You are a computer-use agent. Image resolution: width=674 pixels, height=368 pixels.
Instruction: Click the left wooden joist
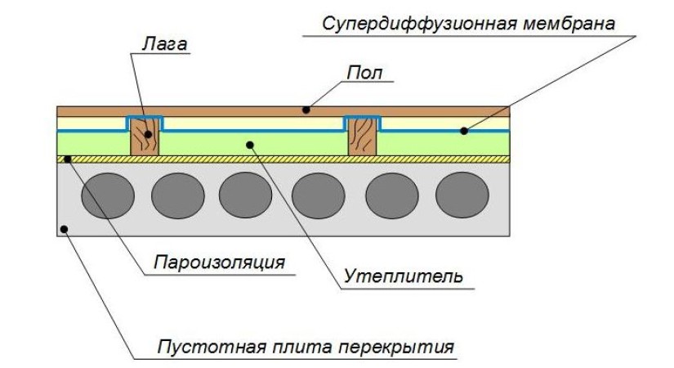click(145, 136)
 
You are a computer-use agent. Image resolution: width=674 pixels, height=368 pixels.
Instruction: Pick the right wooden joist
click(363, 136)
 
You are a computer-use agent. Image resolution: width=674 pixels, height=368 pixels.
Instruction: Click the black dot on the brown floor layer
click(306, 110)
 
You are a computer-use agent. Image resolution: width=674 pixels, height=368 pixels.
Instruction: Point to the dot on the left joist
click(145, 125)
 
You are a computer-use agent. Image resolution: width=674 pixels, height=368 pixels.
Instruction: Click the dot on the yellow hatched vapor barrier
click(70, 157)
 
